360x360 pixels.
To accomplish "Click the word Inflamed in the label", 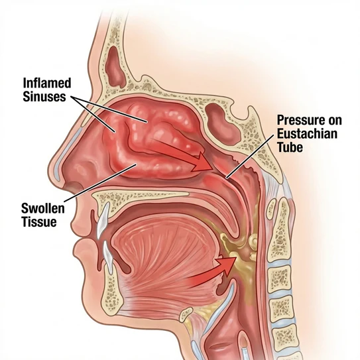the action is coord(47,83).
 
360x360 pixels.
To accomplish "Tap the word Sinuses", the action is coord(44,96).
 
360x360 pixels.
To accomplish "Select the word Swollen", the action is coord(43,208).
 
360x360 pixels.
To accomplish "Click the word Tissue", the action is coord(39,222).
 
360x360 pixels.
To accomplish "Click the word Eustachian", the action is coord(307,133).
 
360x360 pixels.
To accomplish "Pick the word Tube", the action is coord(290,147).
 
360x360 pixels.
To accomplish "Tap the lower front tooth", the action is coord(108,257).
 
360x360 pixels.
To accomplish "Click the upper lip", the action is coord(80,224).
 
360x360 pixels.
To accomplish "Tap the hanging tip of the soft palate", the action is coord(234,233).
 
